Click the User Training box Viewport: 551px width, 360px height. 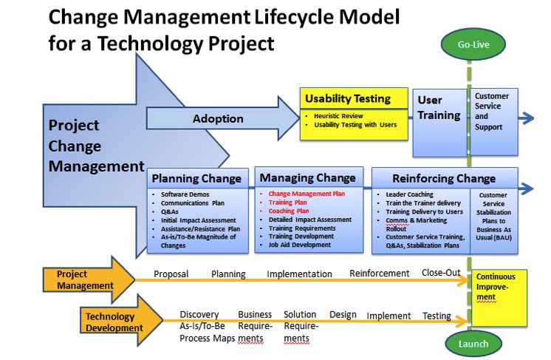pyautogui.click(x=439, y=108)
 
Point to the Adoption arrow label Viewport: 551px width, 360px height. pyautogui.click(x=218, y=118)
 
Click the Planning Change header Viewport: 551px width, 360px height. pyautogui.click(x=196, y=178)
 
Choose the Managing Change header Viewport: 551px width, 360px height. pyautogui.click(x=308, y=177)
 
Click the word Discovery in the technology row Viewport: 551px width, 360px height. pyautogui.click(x=199, y=315)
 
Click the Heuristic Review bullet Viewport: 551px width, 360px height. pyautogui.click(x=340, y=116)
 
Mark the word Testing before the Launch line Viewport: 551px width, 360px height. pyautogui.click(x=437, y=316)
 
